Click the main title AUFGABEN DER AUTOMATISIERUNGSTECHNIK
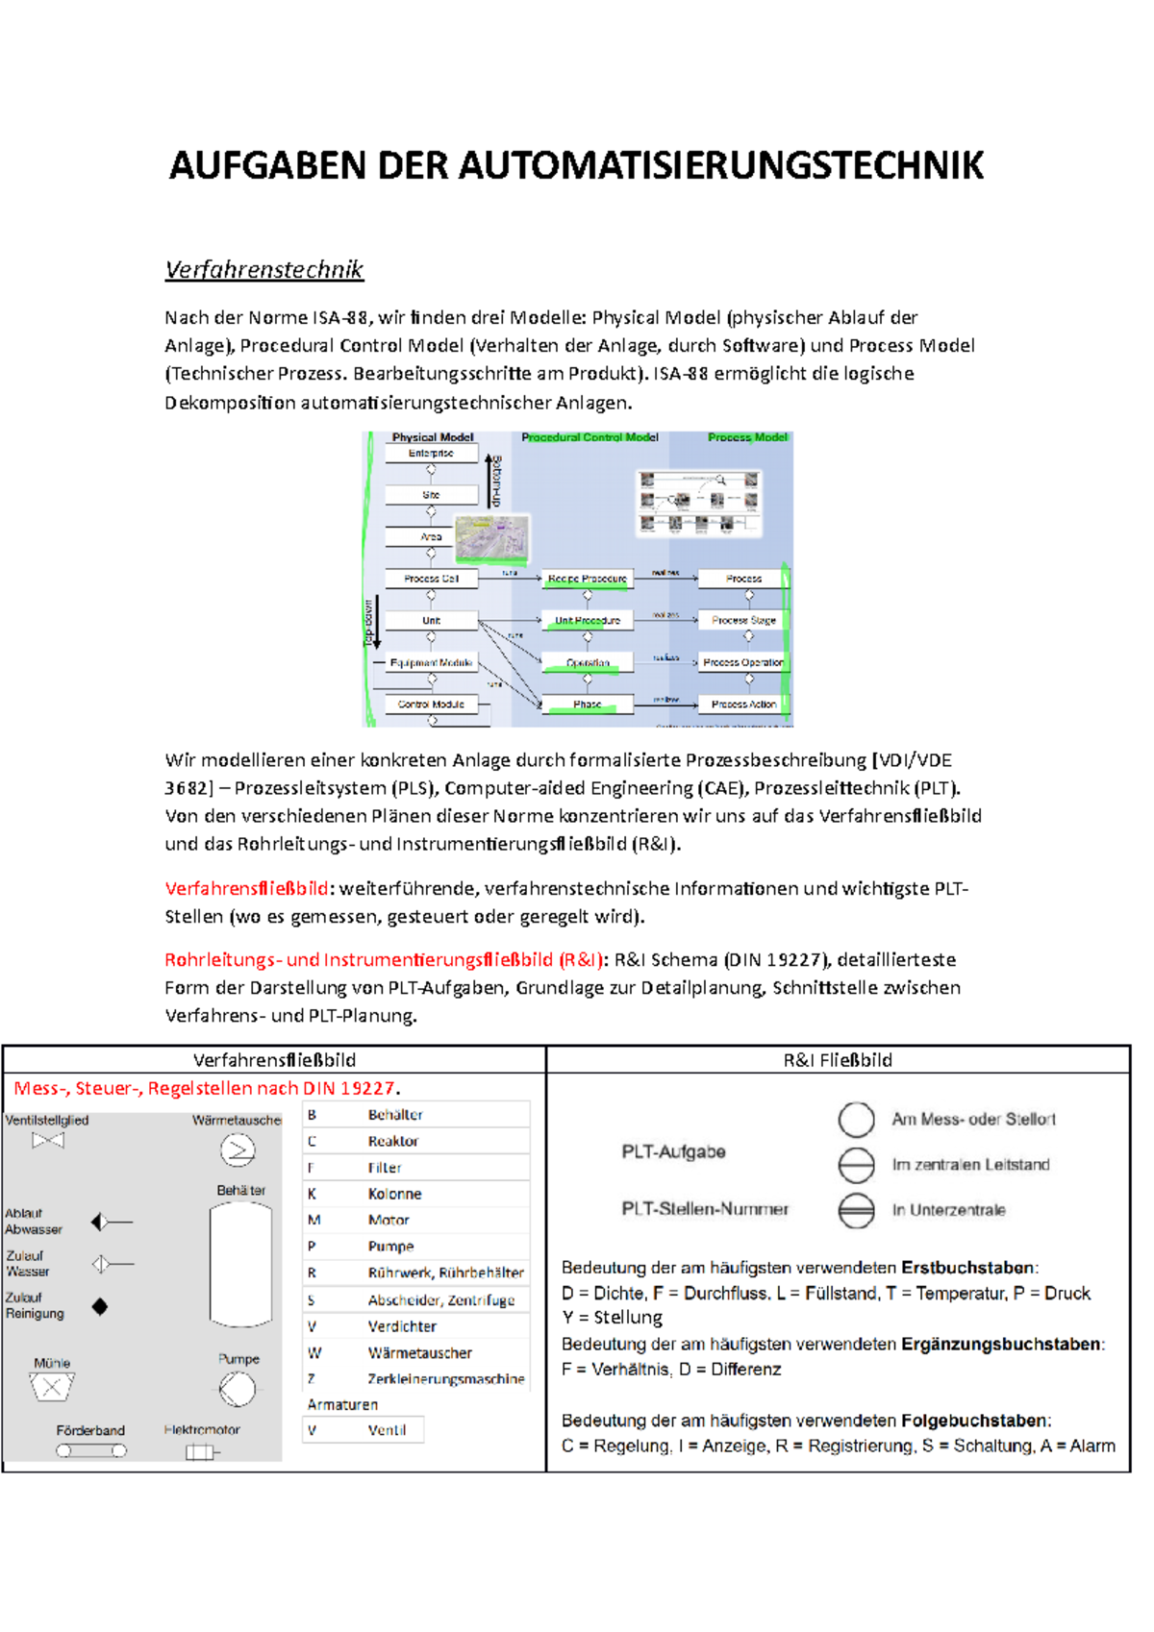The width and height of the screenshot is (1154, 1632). pos(576,165)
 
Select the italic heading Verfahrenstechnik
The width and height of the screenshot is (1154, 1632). pos(263,269)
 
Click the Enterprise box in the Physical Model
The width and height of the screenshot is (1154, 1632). pos(431,453)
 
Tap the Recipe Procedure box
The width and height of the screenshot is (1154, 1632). pos(587,579)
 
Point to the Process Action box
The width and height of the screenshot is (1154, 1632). pos(743,705)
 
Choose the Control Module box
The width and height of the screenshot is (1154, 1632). pos(431,705)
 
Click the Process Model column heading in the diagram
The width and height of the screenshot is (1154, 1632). pos(747,437)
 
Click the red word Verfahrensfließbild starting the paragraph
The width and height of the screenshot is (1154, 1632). pos(246,888)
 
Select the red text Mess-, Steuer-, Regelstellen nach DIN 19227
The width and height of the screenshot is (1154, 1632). pos(206,1088)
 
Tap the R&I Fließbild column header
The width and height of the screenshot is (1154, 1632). pos(838,1060)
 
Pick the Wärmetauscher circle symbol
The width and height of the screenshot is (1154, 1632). pos(238,1150)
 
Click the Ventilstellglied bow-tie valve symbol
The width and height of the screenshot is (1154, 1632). pos(48,1141)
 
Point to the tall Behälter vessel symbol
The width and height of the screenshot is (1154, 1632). pos(240,1265)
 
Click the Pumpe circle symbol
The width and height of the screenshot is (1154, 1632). pos(237,1389)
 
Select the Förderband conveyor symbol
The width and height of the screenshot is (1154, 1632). pos(91,1450)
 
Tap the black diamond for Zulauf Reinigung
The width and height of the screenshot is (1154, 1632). pos(100,1306)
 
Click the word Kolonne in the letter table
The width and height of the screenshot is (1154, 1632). pos(394,1194)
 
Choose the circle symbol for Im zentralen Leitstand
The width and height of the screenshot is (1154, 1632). pos(856,1165)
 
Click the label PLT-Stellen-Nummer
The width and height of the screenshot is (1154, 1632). pos(705,1209)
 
